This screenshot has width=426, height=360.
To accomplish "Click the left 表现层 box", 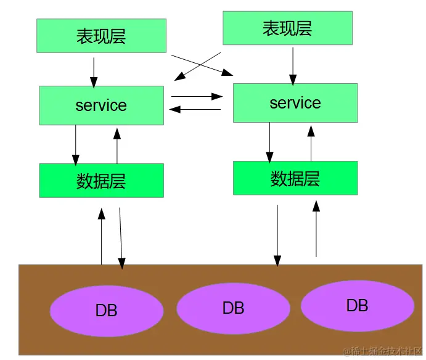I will (101, 35).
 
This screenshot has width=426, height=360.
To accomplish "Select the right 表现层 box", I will (287, 28).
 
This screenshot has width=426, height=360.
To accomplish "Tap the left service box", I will (101, 105).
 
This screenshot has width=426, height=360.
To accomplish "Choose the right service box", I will (295, 103).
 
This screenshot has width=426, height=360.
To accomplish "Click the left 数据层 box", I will (101, 181).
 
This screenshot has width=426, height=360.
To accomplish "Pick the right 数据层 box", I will (295, 178).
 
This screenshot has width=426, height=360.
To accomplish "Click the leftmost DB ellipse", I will (106, 310).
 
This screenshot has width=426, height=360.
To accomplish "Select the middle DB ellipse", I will (233, 308).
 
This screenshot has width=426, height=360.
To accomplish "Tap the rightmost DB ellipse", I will (357, 305).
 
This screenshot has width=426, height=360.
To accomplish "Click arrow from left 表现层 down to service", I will (94, 72).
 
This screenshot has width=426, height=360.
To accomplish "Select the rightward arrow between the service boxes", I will (196, 96).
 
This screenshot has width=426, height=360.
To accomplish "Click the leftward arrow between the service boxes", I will (195, 109).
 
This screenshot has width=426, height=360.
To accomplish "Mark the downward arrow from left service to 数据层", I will (76, 145).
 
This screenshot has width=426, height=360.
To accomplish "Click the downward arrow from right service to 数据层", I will (269, 142).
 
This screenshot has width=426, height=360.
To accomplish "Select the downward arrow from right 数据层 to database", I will (277, 235).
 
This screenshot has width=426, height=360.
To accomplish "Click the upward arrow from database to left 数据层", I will (102, 237).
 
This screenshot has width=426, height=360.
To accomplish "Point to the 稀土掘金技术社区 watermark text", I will (382, 351).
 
